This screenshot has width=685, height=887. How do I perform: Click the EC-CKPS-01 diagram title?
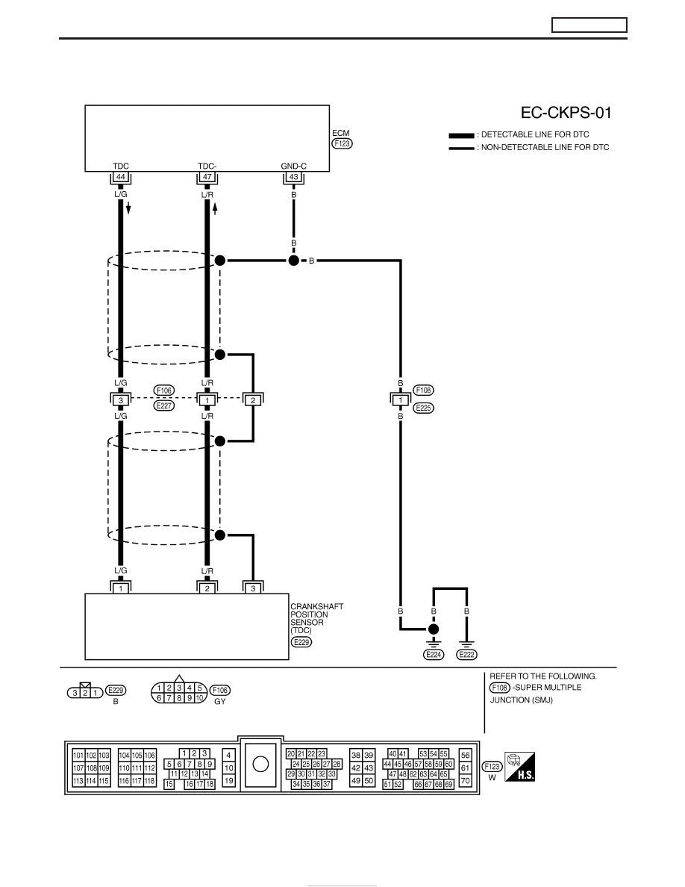click(x=566, y=113)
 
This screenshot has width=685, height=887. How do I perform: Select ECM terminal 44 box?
click(x=120, y=177)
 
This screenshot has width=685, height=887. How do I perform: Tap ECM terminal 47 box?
click(x=207, y=177)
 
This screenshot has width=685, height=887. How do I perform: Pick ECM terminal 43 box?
click(x=293, y=177)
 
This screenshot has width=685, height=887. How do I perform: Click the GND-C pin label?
click(x=293, y=166)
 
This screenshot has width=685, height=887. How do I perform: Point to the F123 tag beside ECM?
click(x=342, y=143)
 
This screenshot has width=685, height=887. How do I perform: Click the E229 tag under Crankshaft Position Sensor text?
click(x=301, y=642)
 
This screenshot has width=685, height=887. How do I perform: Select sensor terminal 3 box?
click(x=253, y=588)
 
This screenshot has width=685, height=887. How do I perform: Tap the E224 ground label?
click(x=434, y=655)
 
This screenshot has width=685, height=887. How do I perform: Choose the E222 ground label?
click(x=467, y=655)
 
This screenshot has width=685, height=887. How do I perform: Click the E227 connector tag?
click(x=164, y=405)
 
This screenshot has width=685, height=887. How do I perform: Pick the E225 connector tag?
click(x=423, y=408)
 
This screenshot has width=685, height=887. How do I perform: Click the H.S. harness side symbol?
click(x=519, y=767)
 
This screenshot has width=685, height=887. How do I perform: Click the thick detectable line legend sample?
click(x=461, y=136)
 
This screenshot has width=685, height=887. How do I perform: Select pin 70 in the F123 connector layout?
click(x=465, y=781)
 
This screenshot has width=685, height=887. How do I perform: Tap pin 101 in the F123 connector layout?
click(x=78, y=755)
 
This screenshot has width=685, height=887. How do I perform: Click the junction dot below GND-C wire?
click(x=293, y=261)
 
